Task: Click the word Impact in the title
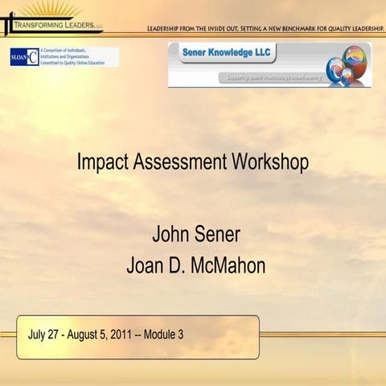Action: click(x=101, y=162)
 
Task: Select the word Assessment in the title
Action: click(x=179, y=162)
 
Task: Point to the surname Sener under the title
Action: click(x=218, y=236)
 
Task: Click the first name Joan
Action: click(x=147, y=266)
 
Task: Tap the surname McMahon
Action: click(x=231, y=266)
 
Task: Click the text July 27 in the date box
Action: click(x=44, y=335)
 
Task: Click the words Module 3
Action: click(x=164, y=335)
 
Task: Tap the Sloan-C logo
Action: click(x=23, y=57)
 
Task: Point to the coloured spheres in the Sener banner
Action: click(x=348, y=65)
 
